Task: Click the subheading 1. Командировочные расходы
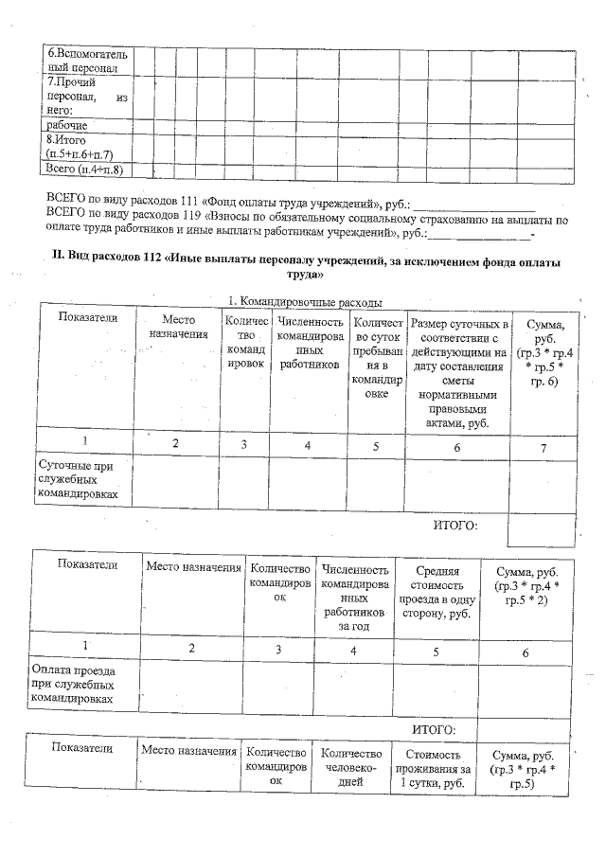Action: (304, 301)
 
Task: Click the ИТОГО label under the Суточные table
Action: (454, 526)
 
